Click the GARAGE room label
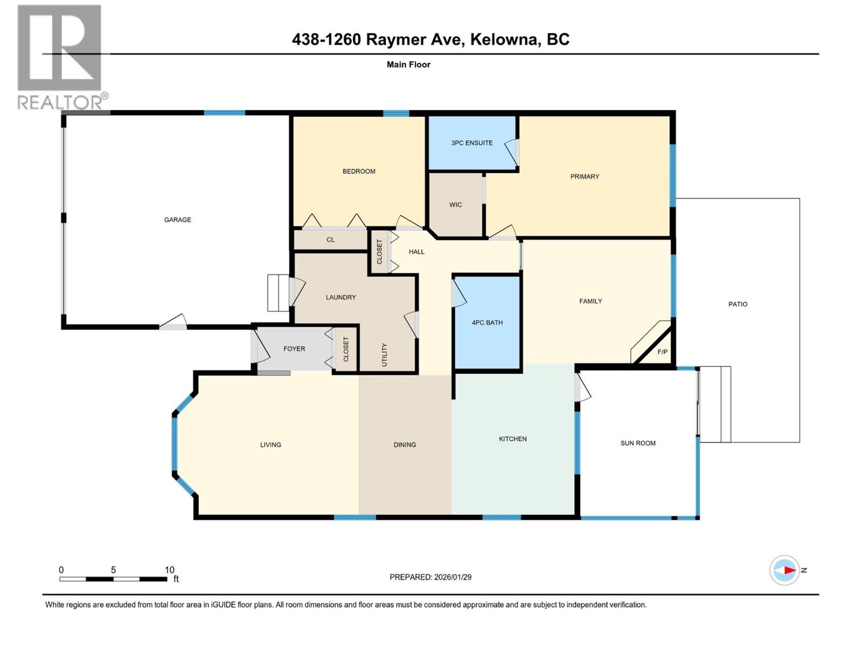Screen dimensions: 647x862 click(x=178, y=219)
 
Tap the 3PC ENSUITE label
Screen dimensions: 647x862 click(x=472, y=143)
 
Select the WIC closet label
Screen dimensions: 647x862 click(x=456, y=205)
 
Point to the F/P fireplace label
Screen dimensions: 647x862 click(x=663, y=352)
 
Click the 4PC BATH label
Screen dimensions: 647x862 click(x=487, y=322)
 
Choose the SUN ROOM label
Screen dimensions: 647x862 click(x=638, y=443)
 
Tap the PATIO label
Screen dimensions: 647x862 click(x=738, y=304)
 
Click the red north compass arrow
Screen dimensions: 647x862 click(x=789, y=570)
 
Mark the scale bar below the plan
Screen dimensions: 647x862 click(x=113, y=579)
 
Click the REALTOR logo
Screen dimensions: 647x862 click(x=60, y=57)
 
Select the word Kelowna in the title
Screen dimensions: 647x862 click(x=504, y=39)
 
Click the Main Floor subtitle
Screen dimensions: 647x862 click(x=408, y=65)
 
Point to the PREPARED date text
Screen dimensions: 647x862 click(x=430, y=577)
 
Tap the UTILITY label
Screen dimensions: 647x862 click(x=385, y=354)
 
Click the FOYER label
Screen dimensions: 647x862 click(x=294, y=349)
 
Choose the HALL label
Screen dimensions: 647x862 click(x=416, y=252)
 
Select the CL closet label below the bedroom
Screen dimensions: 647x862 click(x=330, y=240)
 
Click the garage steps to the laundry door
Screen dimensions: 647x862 click(x=278, y=293)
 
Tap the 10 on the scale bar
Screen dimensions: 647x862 click(x=169, y=570)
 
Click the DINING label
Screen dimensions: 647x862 click(x=405, y=445)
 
